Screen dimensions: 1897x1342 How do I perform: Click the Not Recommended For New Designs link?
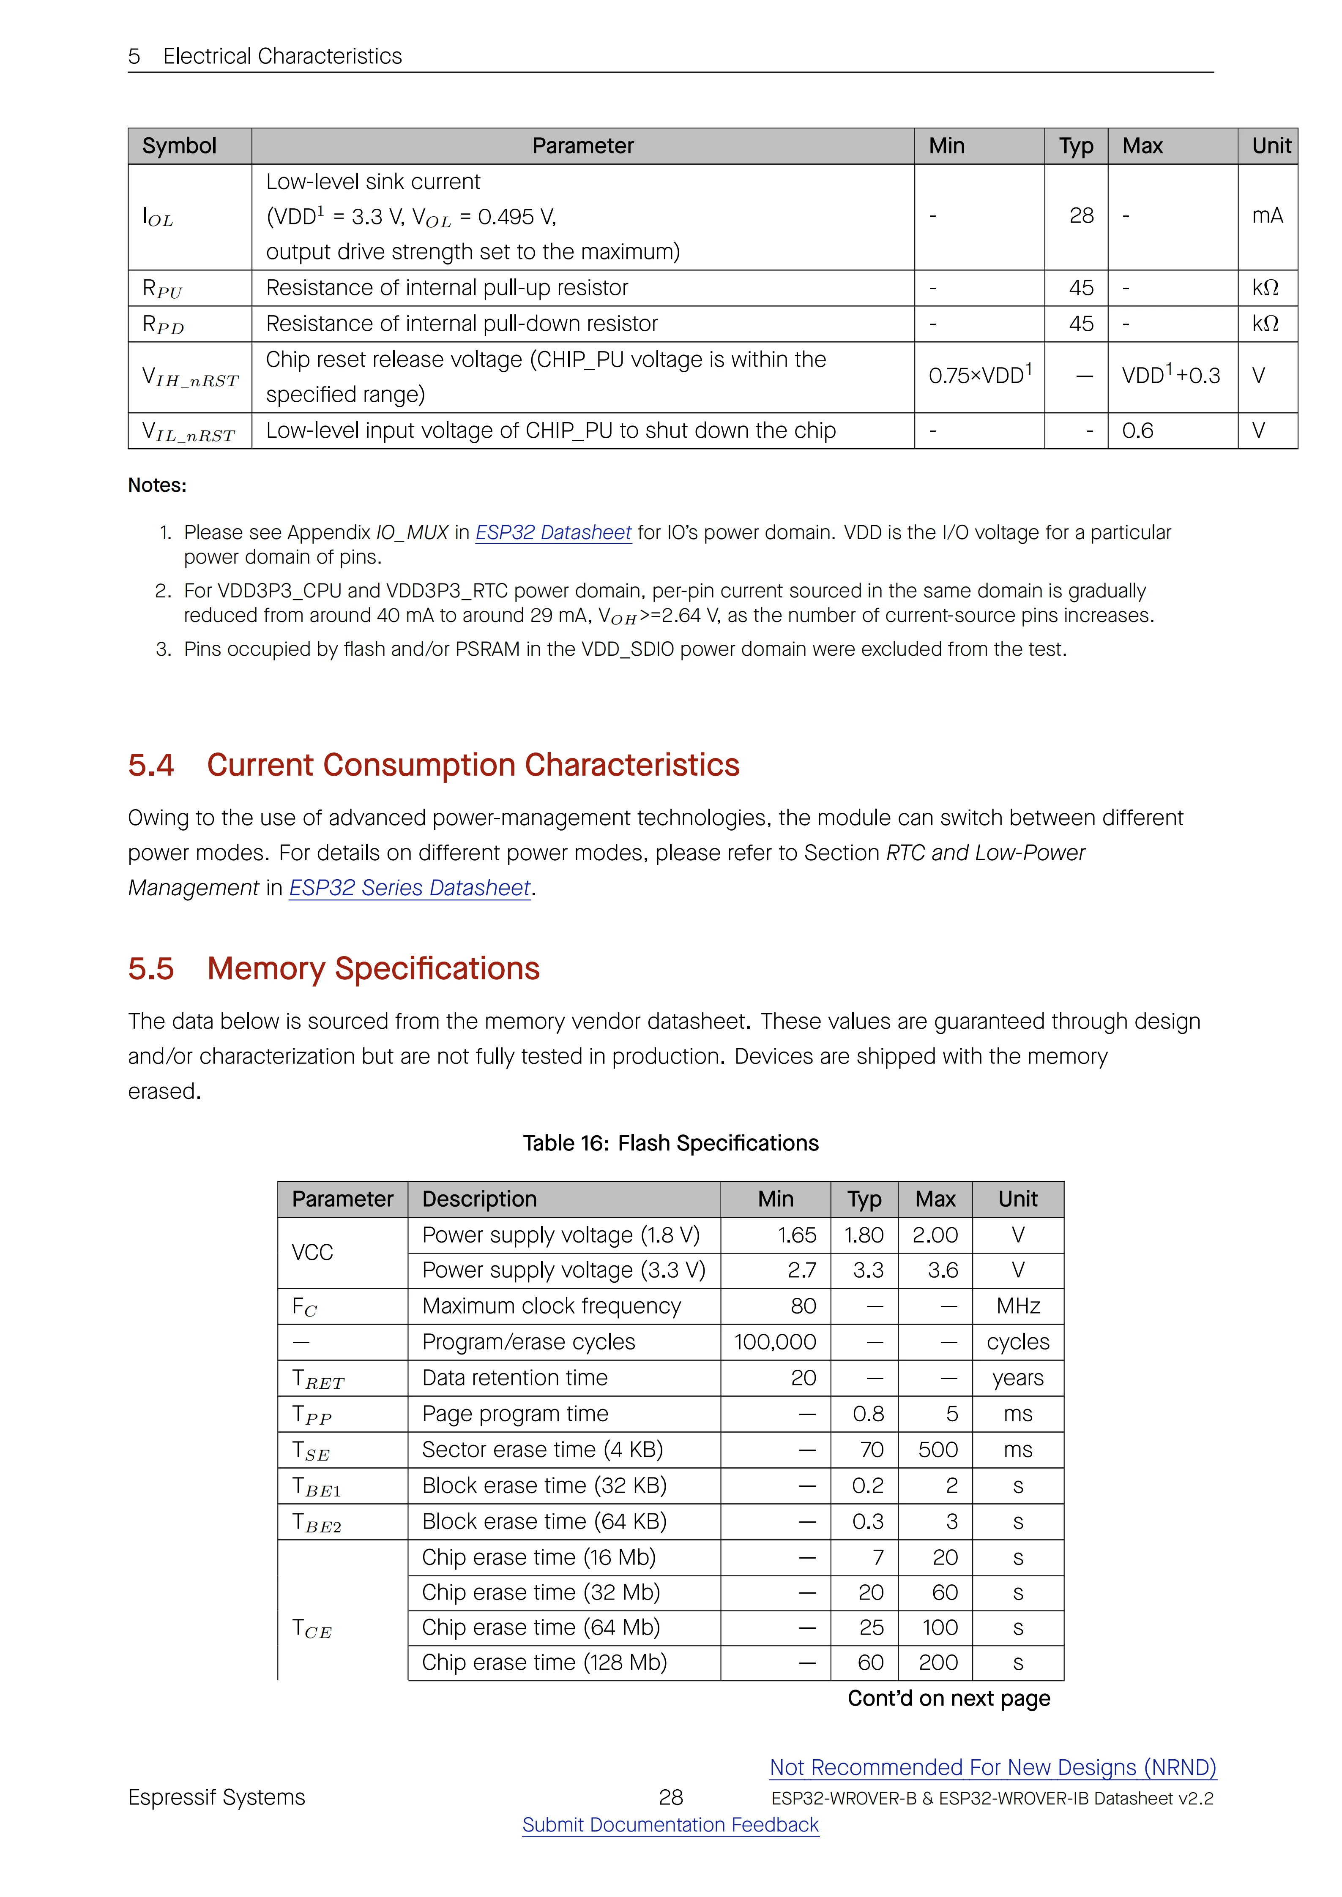click(x=992, y=1767)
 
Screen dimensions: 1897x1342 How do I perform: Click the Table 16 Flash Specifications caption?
click(x=670, y=1144)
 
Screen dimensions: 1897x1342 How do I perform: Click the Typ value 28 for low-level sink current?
click(x=1081, y=215)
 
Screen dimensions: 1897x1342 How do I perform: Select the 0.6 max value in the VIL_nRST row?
click(x=1138, y=431)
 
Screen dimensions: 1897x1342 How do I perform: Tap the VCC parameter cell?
click(x=312, y=1253)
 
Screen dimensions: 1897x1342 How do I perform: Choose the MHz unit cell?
click(x=1018, y=1306)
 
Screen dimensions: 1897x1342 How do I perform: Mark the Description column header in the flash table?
click(x=479, y=1199)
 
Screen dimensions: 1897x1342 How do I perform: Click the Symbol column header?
click(x=179, y=146)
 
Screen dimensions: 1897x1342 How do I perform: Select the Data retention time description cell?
click(x=515, y=1378)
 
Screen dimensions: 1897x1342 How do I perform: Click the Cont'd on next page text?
click(x=948, y=1699)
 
